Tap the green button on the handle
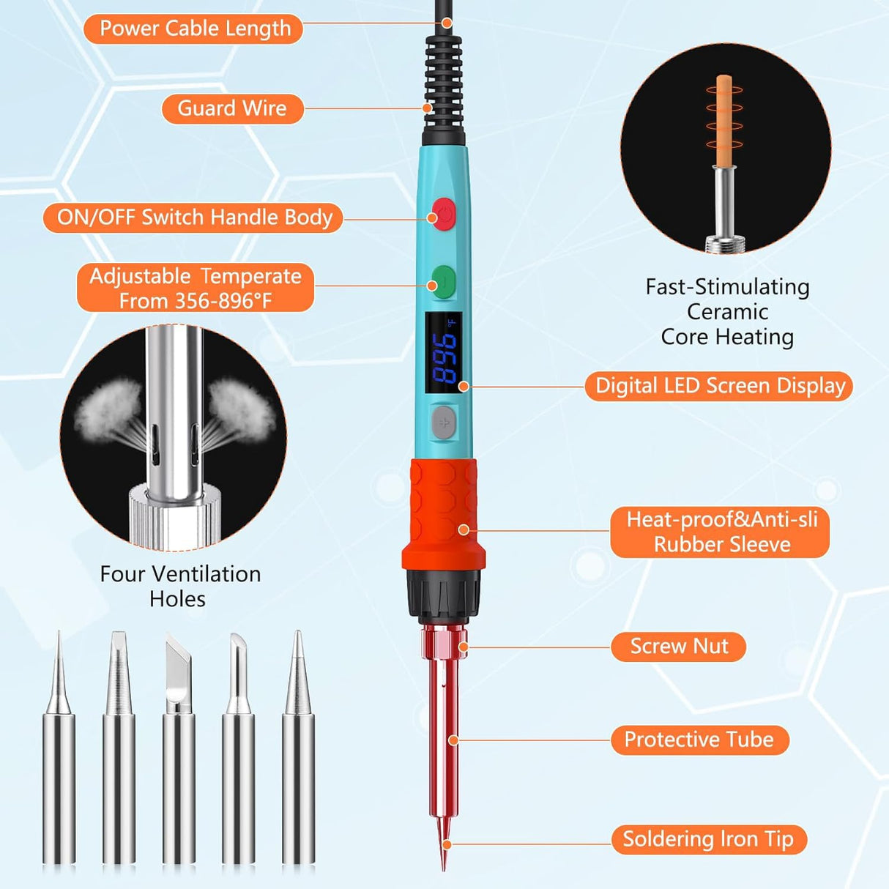[x=444, y=282]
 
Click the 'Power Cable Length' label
[x=194, y=29]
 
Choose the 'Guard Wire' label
[x=232, y=108]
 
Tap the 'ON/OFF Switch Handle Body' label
[x=194, y=218]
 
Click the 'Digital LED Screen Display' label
[x=719, y=386]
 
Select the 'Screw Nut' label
[x=679, y=647]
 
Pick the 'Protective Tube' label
[x=699, y=740]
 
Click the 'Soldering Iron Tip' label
[x=708, y=839]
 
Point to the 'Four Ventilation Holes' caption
[x=179, y=586]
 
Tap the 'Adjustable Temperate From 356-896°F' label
[x=196, y=289]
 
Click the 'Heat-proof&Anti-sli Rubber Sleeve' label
[x=721, y=532]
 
